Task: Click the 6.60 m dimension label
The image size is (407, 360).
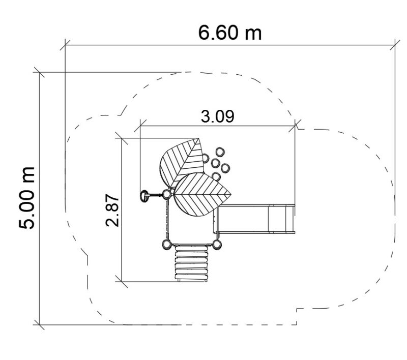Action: (x=230, y=33)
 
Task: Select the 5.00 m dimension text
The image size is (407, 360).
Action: (x=27, y=198)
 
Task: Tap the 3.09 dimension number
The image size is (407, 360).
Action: (x=218, y=116)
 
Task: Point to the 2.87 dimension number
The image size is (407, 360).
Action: (x=112, y=210)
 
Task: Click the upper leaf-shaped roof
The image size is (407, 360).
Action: (x=182, y=162)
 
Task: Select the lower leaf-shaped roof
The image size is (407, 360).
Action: (x=201, y=195)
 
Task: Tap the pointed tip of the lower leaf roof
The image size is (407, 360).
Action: (x=231, y=194)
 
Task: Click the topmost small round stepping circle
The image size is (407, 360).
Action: (x=220, y=152)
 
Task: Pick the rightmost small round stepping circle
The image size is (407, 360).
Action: (x=225, y=168)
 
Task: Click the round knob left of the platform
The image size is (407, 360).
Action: (x=144, y=196)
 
